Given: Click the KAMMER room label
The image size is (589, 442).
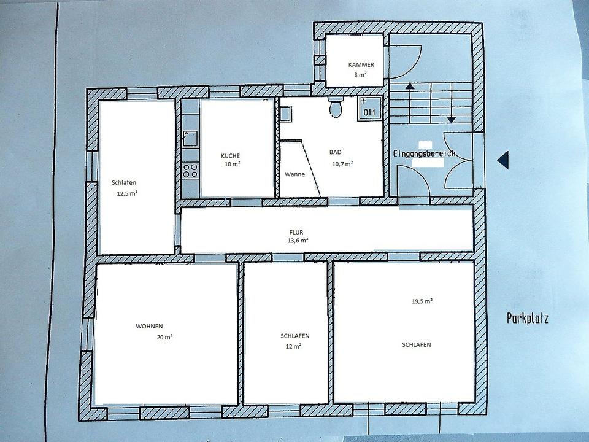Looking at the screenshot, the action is coord(361,64).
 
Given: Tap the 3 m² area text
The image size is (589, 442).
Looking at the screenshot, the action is coord(360,74).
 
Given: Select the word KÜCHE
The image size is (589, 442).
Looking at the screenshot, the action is coord(230,155).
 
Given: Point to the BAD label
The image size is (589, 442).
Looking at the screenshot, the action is coord(336,152).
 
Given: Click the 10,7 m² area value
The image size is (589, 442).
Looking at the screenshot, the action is coord(342,164).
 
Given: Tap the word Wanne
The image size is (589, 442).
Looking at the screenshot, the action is coord(295,174).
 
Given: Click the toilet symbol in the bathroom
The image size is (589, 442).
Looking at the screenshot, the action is coord(336,106).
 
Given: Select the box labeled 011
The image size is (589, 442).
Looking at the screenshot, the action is coord(369,108).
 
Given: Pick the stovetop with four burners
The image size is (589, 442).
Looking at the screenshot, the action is coord(190,170).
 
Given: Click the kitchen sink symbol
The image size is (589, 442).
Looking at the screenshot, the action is coord(190,139).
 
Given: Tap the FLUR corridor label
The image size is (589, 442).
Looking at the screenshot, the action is coord(296,232).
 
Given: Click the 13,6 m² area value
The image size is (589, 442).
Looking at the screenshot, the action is coord(298,241).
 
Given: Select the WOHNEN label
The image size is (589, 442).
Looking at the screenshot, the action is coord(149,326).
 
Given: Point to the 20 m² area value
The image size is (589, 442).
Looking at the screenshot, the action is coord(164,337).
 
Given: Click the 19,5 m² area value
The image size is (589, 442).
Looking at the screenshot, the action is coord(422,301).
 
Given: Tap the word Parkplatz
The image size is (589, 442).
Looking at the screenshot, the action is coord(528,319).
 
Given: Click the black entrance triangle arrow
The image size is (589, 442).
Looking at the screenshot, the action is coord(503,160).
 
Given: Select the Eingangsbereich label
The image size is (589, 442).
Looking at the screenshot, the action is coord(424,153).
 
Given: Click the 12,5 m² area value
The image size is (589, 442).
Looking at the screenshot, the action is coord(127,193).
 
